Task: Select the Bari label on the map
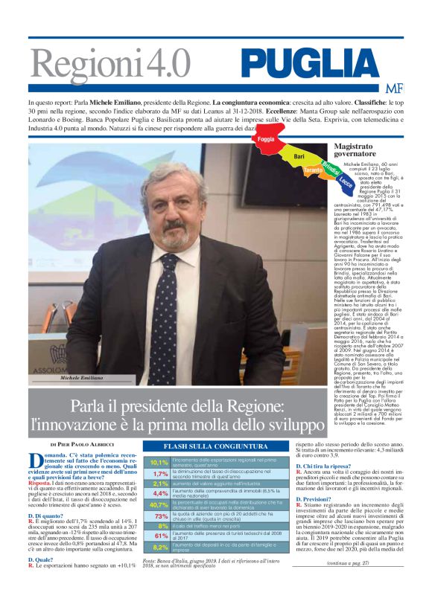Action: click(x=299, y=157)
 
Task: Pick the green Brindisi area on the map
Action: click(x=331, y=165)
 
